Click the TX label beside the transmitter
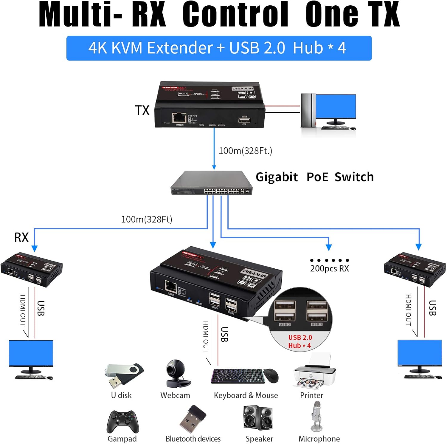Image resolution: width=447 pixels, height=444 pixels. (142, 110)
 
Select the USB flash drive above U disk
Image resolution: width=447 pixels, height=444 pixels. (123, 374)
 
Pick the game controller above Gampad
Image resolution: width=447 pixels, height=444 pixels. (123, 422)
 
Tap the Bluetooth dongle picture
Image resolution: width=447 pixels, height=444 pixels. (193, 419)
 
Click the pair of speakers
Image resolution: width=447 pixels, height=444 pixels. (258, 417)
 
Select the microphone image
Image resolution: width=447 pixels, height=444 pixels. (316, 416)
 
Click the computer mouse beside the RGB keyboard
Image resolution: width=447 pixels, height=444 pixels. (271, 375)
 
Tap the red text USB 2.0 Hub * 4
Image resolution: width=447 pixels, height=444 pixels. (300, 341)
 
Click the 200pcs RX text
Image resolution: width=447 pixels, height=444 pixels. (329, 268)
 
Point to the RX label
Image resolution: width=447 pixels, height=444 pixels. (21, 238)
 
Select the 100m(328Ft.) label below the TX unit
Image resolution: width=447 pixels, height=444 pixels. (245, 151)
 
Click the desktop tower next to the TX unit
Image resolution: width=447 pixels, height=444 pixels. (308, 111)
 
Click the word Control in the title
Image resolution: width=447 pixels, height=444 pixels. (235, 15)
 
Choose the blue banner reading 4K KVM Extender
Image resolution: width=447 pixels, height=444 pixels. (219, 48)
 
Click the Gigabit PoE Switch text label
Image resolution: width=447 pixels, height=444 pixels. (314, 177)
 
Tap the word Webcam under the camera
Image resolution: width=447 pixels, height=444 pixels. (175, 395)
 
